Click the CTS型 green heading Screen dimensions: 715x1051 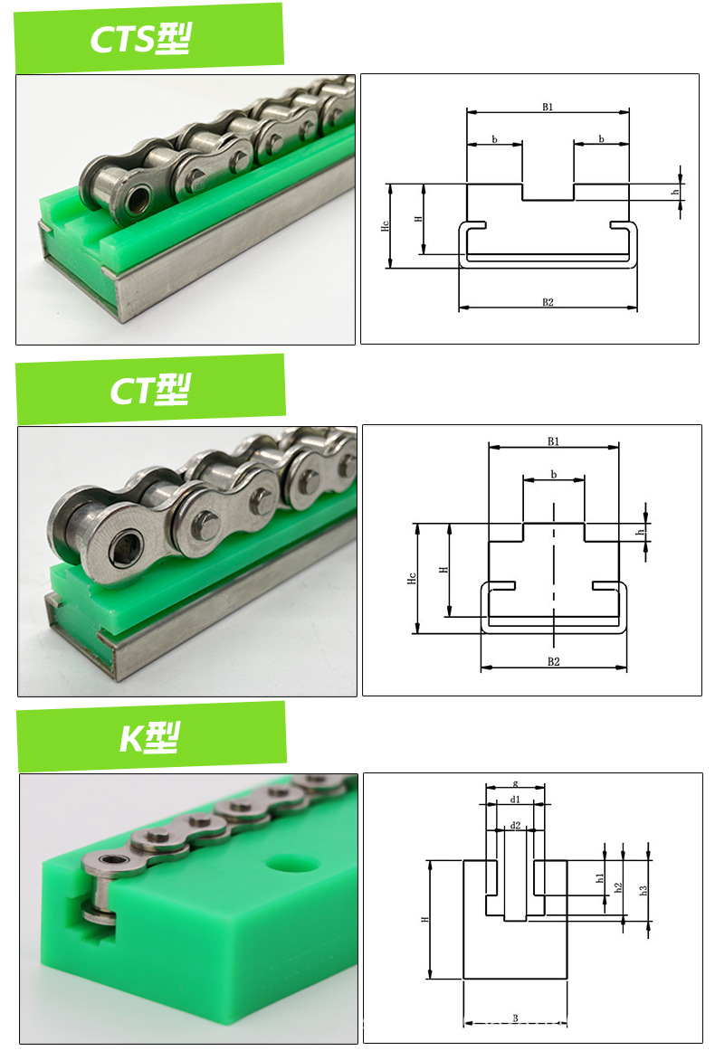[x=140, y=38]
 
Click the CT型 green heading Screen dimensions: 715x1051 [x=150, y=390]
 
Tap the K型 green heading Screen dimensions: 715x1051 [x=150, y=737]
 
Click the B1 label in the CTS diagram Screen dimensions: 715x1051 [x=548, y=107]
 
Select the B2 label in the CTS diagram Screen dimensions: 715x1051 [x=548, y=302]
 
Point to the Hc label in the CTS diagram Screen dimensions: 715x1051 [x=385, y=226]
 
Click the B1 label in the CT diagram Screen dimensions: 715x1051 [x=553, y=441]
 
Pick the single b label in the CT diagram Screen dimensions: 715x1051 [x=553, y=475]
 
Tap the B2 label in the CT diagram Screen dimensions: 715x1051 [x=553, y=661]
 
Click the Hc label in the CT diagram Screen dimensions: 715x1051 [x=412, y=578]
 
